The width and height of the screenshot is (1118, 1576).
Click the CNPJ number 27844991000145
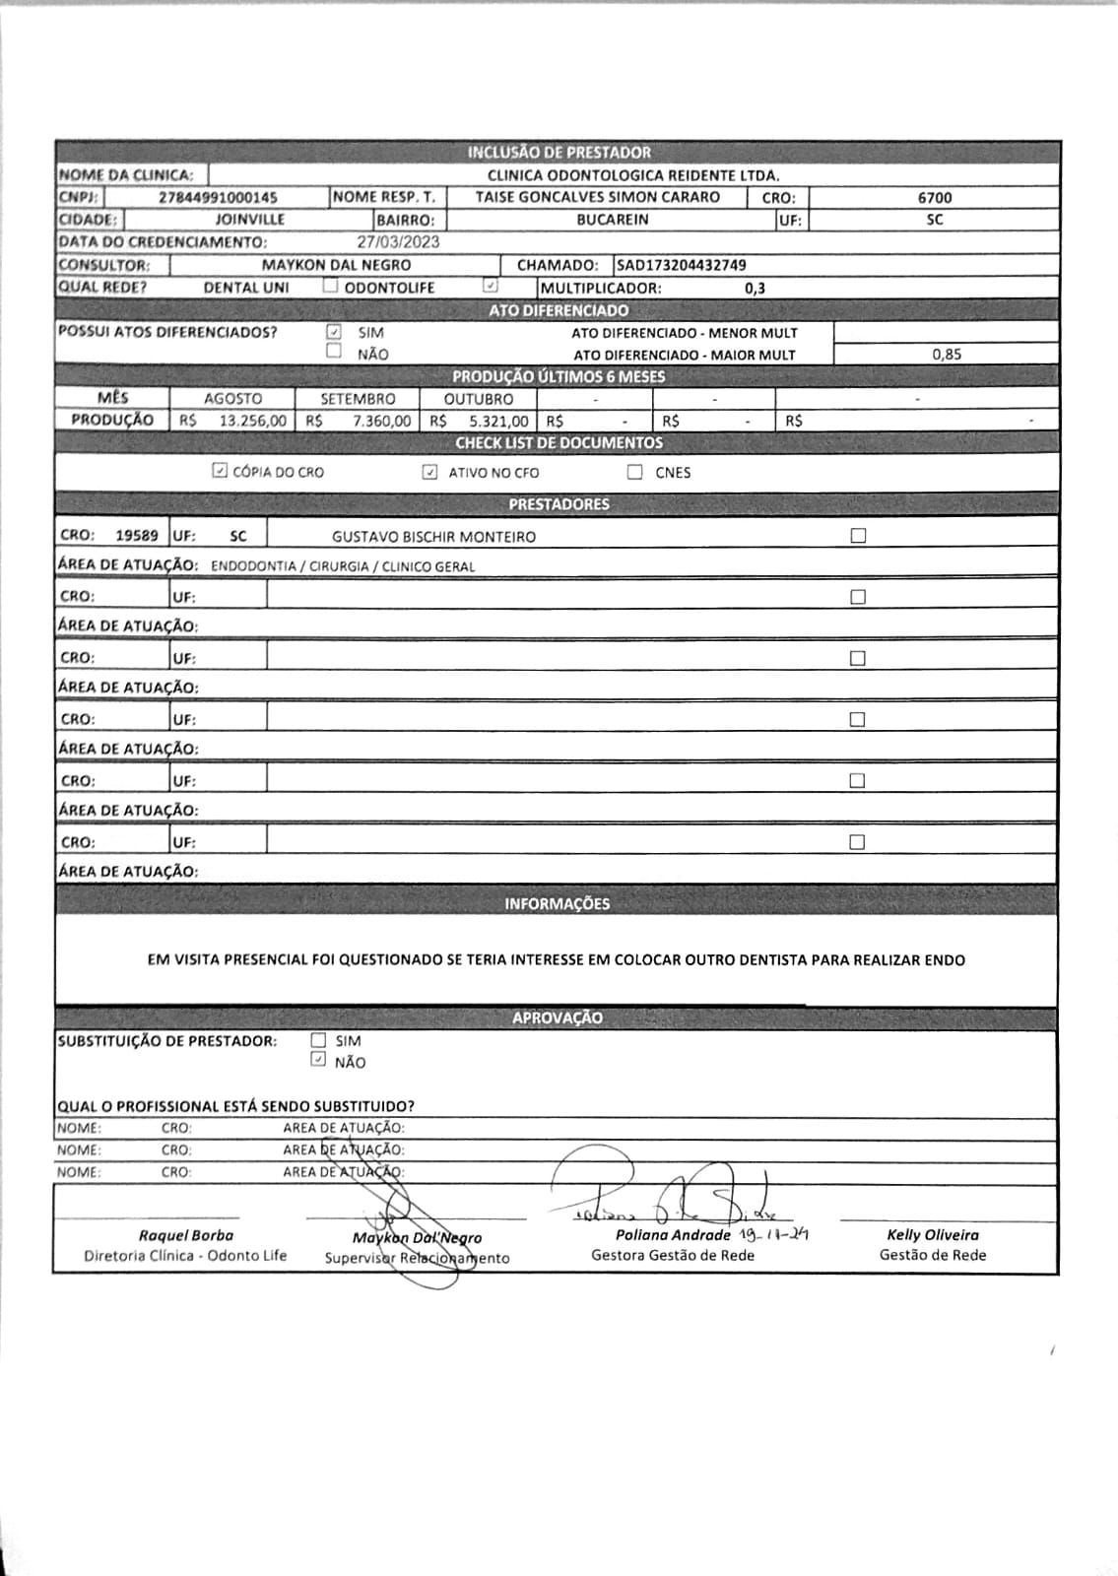218,197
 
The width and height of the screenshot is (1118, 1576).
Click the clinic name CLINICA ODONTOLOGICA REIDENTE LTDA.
633,175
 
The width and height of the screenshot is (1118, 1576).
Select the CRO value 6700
934,197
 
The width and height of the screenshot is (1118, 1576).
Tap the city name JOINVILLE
250,220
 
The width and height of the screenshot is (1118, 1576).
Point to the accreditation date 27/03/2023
398,242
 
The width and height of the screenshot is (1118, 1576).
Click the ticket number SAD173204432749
682,265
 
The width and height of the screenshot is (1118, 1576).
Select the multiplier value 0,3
755,289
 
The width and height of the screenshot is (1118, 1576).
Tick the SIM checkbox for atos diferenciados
334,332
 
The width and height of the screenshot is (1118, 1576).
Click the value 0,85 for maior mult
946,355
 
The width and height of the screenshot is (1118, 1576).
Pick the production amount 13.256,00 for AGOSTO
252,421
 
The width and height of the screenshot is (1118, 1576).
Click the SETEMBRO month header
358,399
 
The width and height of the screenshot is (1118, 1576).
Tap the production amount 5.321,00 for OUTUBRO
498,421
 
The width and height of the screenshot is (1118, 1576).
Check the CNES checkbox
635,472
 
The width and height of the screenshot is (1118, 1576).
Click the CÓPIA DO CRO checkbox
220,471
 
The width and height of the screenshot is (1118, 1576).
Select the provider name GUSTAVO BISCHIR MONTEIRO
433,537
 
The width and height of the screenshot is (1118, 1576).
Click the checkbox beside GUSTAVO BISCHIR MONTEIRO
858,536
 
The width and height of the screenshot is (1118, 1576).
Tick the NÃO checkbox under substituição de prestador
317,1060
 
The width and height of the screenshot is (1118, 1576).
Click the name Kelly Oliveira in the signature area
933,1234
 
